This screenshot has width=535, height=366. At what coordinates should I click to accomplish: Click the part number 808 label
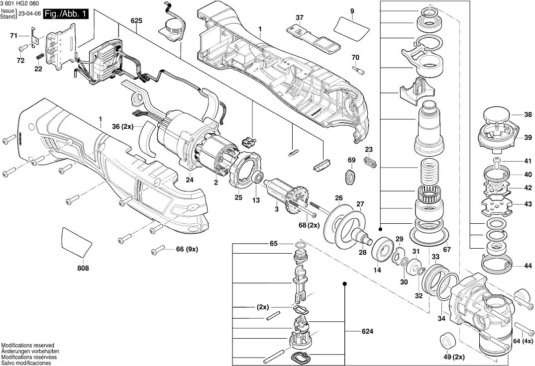(83, 269)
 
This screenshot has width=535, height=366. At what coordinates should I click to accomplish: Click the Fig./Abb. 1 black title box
(66, 14)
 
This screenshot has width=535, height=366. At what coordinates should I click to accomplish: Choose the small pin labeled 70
(356, 70)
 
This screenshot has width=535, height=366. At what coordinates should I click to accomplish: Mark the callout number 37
(299, 17)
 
